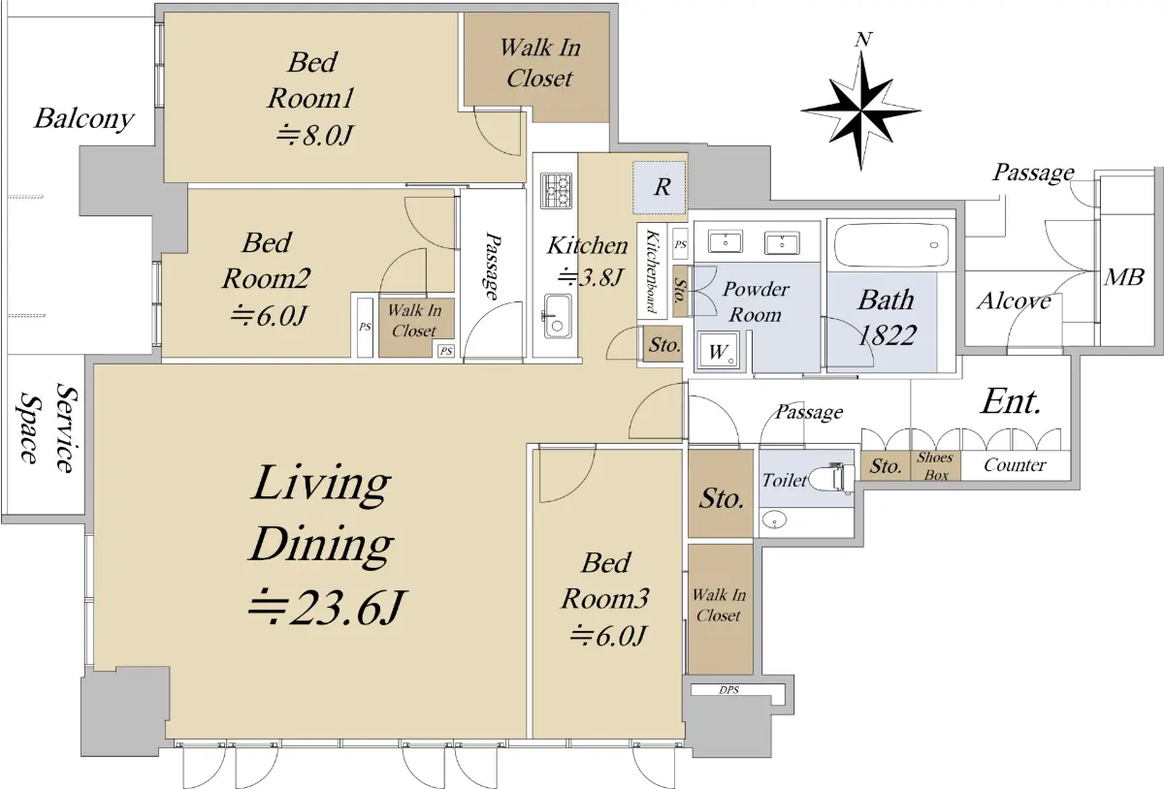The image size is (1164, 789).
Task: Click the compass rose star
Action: pyautogui.click(x=861, y=111)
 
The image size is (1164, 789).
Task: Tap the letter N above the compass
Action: pyautogui.click(x=863, y=40)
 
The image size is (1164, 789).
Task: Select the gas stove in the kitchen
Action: pyautogui.click(x=556, y=191)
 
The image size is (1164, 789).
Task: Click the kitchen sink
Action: pyautogui.click(x=557, y=316)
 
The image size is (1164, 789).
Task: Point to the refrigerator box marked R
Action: pyautogui.click(x=660, y=187)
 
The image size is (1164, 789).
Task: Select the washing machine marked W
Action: pyautogui.click(x=718, y=351)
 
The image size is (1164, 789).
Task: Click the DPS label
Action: pyautogui.click(x=728, y=690)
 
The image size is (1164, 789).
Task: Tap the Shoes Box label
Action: pyautogui.click(x=935, y=466)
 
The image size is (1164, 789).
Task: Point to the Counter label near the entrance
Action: pyautogui.click(x=1015, y=465)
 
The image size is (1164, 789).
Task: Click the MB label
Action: pyautogui.click(x=1124, y=277)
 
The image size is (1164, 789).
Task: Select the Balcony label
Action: pyautogui.click(x=84, y=119)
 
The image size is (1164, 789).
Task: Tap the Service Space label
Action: pyautogui.click(x=48, y=427)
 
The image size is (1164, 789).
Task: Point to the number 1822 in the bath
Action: pyautogui.click(x=887, y=335)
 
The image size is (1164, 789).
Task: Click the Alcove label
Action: pyautogui.click(x=1014, y=301)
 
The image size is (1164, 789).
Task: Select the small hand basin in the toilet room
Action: pyautogui.click(x=774, y=520)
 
